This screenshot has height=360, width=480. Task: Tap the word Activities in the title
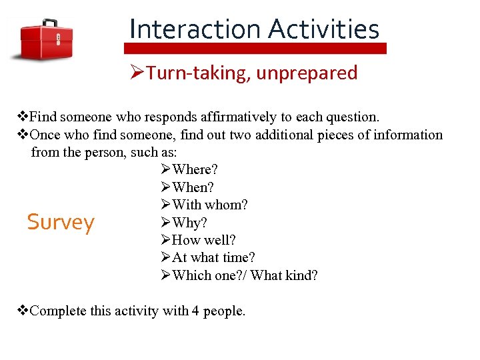(x=324, y=29)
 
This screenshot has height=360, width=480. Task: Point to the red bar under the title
(x=255, y=49)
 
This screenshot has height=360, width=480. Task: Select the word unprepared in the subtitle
(x=306, y=73)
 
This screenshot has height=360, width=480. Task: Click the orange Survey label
(x=61, y=222)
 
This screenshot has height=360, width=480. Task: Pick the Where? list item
(x=195, y=169)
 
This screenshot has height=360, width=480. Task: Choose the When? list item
(x=193, y=187)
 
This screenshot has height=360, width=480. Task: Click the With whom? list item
(x=209, y=205)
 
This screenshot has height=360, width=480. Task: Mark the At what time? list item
(x=213, y=257)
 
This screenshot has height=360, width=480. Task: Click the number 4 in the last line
(x=194, y=311)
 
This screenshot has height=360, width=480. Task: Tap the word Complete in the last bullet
(x=57, y=311)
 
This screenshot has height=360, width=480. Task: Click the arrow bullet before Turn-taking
(x=137, y=73)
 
